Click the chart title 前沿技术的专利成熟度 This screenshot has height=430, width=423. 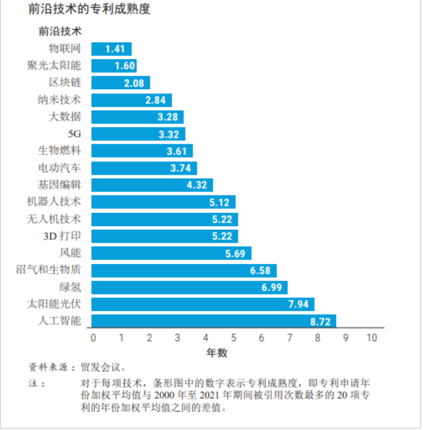[x=89, y=10]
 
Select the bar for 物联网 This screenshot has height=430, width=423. [x=111, y=49]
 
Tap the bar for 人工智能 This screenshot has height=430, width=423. [x=213, y=322]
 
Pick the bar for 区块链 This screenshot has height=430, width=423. [x=120, y=83]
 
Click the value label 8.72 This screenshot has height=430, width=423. [x=320, y=322]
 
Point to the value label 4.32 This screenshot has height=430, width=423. [x=197, y=185]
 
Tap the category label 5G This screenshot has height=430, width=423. [x=75, y=134]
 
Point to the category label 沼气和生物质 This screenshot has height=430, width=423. [x=48, y=270]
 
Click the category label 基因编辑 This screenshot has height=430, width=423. [x=59, y=185]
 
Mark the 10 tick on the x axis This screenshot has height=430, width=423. [x=372, y=338]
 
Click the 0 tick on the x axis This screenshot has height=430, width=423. [x=93, y=338]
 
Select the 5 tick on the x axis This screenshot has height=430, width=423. [x=233, y=338]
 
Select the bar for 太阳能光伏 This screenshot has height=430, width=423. [x=202, y=304]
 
